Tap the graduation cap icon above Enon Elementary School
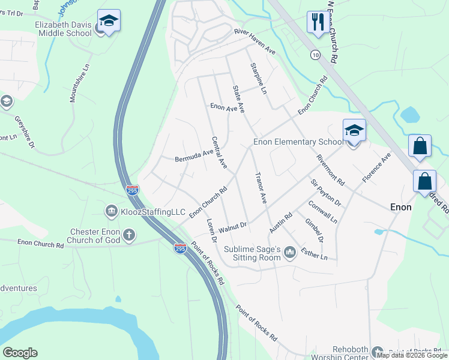[354, 130]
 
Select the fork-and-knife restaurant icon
[316, 22]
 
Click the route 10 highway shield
[315, 55]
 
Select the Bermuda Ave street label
[194, 157]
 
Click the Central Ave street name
[219, 152]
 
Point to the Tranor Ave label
[261, 188]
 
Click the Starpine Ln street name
[258, 79]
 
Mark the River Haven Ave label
[255, 42]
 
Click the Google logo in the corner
[20, 353]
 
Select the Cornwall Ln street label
[322, 212]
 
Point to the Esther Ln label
[315, 253]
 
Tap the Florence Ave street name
[376, 167]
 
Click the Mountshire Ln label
[79, 83]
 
